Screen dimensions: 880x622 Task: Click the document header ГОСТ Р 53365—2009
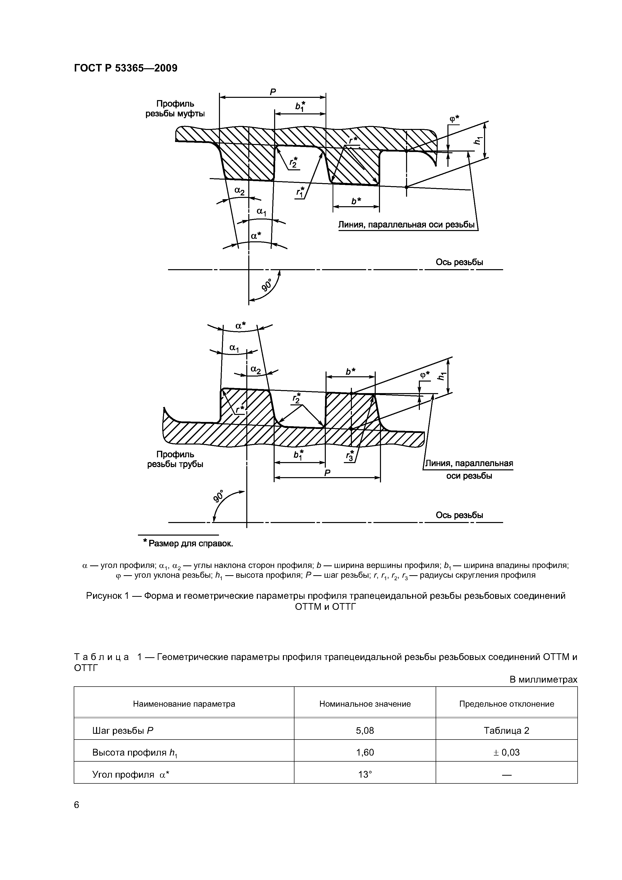click(125, 68)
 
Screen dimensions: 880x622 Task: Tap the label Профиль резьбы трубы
click(175, 459)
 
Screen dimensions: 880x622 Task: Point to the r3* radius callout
click(350, 456)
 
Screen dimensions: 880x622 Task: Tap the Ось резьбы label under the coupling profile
click(459, 262)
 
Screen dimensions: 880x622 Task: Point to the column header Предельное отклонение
click(506, 704)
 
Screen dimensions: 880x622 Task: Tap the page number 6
click(77, 805)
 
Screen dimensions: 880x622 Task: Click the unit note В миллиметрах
click(543, 680)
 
